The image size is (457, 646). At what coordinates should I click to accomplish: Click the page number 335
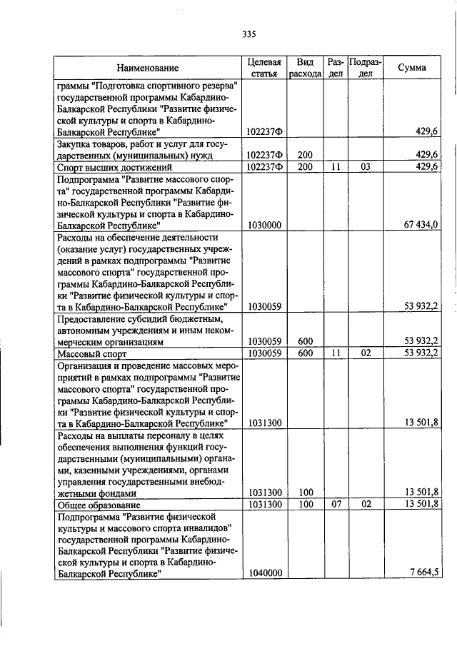pos(248,34)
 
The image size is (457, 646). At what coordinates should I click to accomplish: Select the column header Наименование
pos(148,68)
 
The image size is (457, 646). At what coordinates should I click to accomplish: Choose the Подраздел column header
pos(365,68)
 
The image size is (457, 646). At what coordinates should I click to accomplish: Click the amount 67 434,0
pos(420,225)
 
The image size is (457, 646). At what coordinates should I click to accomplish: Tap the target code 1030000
pos(265,225)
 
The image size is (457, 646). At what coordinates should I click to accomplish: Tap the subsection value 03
pos(365,167)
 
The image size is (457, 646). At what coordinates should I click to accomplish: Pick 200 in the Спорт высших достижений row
pos(306,167)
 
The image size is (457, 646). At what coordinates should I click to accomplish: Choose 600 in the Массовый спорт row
pos(306,353)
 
